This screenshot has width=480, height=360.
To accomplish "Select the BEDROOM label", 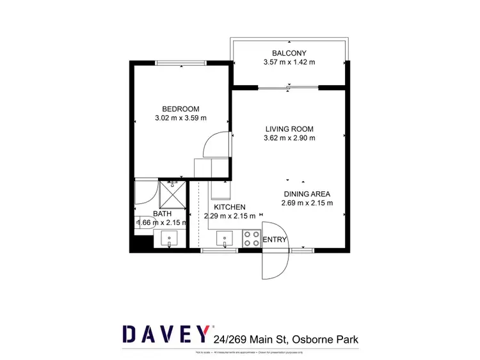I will coord(180,109).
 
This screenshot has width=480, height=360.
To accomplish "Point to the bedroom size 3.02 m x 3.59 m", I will coord(180,118).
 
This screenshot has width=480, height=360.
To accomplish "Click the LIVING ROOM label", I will coord(289,129).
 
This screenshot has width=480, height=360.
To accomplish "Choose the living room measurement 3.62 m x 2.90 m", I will coord(289,138).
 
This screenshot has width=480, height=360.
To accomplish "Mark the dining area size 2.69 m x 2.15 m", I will coord(307,204).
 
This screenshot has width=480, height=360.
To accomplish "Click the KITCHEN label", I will coord(230,207).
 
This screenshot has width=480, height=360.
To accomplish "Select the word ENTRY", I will coord(275,240).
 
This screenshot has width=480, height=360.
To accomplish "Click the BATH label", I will coord(162,214).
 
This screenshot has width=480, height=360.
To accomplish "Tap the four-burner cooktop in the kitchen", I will coord(251,239).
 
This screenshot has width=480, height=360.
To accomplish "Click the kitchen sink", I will coord(225,239).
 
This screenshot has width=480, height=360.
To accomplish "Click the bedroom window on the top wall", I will coord(180,62).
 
